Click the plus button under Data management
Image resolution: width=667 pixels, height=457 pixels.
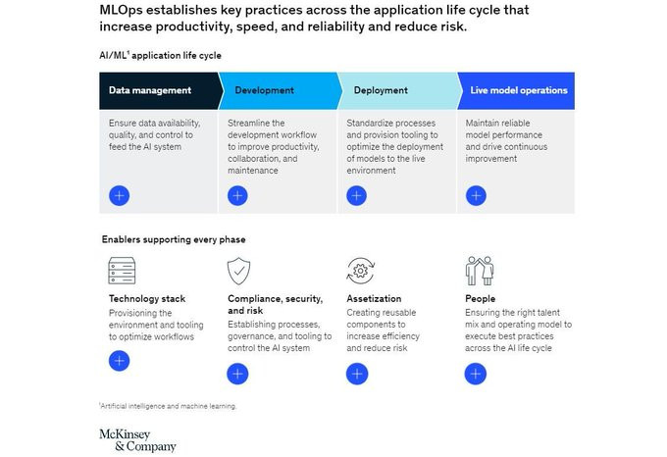[x=119, y=195]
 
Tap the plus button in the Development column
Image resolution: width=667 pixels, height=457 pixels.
[x=237, y=195]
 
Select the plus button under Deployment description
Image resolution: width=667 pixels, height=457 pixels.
[x=356, y=195]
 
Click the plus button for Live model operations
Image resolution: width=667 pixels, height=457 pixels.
[x=476, y=195]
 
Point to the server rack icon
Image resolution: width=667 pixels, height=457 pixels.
[x=122, y=271]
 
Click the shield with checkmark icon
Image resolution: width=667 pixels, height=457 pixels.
[x=238, y=271]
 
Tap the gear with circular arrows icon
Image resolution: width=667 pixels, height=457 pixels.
[x=361, y=271]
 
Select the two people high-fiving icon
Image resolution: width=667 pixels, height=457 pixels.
[x=480, y=271]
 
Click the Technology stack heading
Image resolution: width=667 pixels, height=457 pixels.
[x=147, y=299]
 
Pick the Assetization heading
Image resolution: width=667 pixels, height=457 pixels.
[x=374, y=298]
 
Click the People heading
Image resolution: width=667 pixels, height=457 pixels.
[x=481, y=299]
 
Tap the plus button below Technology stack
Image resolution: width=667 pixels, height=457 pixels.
[x=119, y=361]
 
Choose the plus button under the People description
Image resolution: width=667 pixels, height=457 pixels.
[x=475, y=374]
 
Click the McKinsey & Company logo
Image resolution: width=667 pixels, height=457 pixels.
[x=138, y=440]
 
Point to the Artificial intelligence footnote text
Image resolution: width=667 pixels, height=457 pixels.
[x=168, y=406]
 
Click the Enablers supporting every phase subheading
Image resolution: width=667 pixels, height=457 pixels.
[x=174, y=239]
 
